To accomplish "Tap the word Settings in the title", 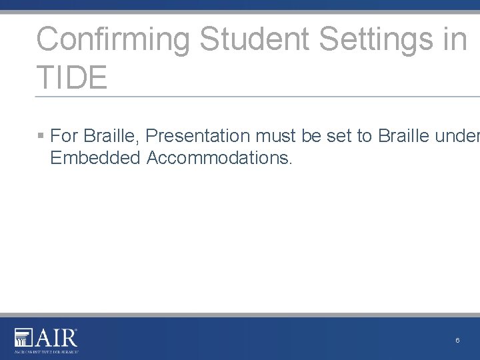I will tap(376, 40).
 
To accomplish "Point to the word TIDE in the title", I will tap(71, 78).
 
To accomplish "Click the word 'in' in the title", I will tap(454, 40).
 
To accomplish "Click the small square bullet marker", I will tap(41, 136).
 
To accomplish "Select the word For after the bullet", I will tap(65, 136).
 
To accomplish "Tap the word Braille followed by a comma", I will tap(111, 136).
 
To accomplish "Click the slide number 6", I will tap(457, 341).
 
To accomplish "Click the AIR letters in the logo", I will tap(57, 337).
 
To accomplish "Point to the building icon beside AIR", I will tap(23, 337).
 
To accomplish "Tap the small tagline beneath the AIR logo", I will tap(46, 350).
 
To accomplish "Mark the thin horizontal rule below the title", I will tap(257, 97).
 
